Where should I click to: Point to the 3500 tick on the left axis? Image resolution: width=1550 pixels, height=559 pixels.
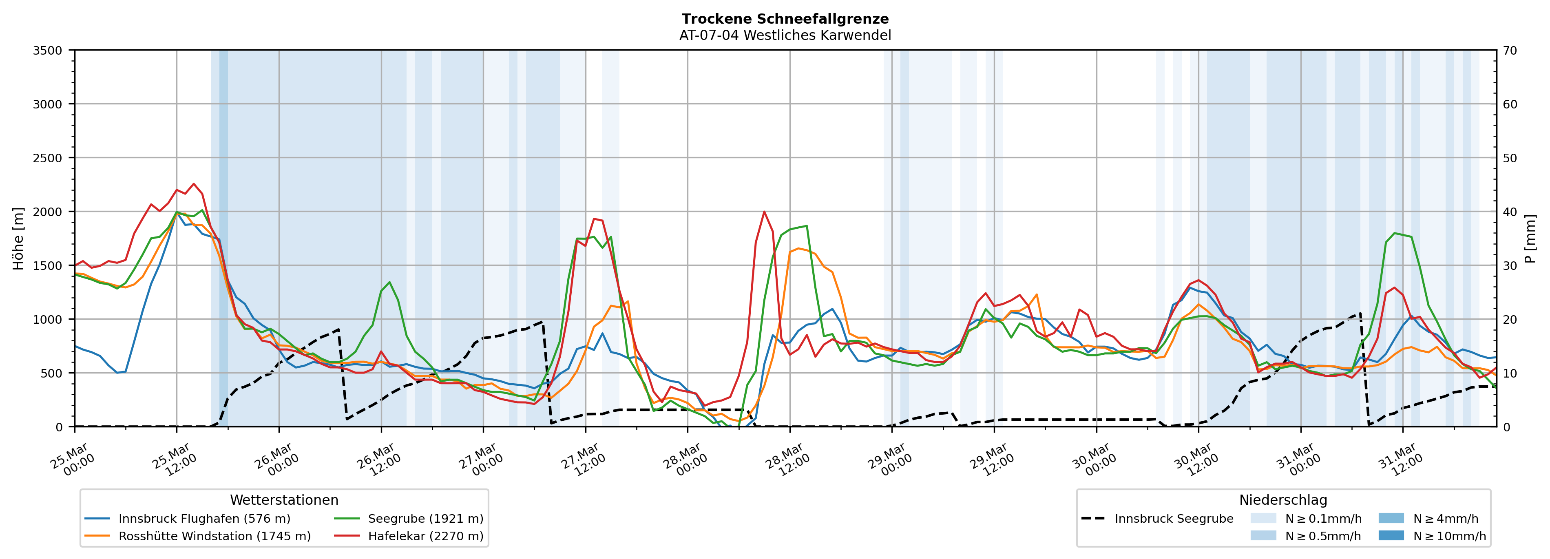pos(48,51)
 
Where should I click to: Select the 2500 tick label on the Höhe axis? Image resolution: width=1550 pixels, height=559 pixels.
pos(48,158)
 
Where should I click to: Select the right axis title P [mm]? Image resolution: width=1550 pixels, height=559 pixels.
pos(1531,239)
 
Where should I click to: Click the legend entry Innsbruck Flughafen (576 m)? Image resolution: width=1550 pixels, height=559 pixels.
pos(204,519)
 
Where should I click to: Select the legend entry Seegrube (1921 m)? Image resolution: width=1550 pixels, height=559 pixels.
pos(425,519)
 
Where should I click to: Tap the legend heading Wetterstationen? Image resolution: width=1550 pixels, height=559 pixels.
pos(284,500)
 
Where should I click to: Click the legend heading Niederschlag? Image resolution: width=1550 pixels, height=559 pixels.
pos(1283,500)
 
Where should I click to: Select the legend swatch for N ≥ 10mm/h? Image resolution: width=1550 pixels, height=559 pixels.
pos(1391,535)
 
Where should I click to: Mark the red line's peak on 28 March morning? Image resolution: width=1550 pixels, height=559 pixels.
pos(764,212)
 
